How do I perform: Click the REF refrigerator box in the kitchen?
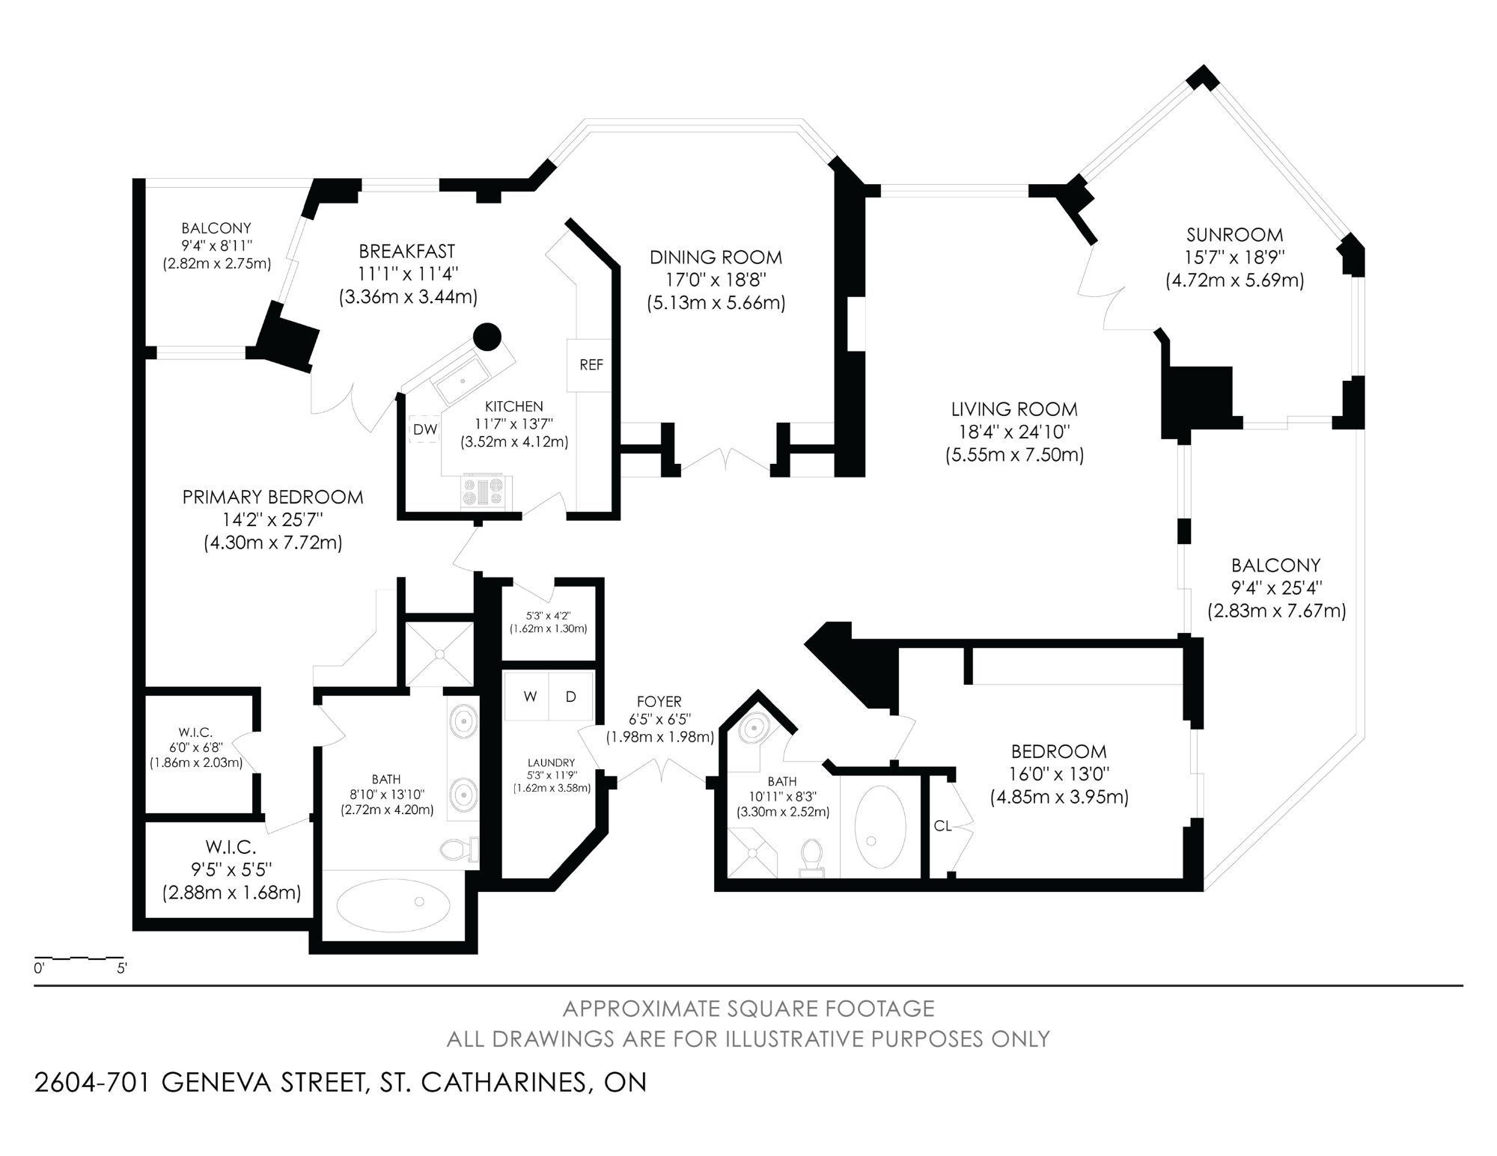pyautogui.click(x=591, y=365)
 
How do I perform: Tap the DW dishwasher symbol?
pyautogui.click(x=425, y=429)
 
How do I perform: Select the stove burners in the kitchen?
pyautogui.click(x=486, y=492)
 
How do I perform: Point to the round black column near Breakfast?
pyautogui.click(x=487, y=337)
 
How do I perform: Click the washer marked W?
pyautogui.click(x=531, y=697)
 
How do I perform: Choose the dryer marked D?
pyautogui.click(x=571, y=697)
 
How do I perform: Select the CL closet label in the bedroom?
pyautogui.click(x=943, y=826)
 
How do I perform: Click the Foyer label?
pyautogui.click(x=659, y=702)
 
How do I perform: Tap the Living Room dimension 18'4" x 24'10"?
pyautogui.click(x=1014, y=432)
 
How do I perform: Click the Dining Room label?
pyautogui.click(x=716, y=257)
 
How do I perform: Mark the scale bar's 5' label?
pyautogui.click(x=122, y=967)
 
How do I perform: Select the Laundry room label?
pyautogui.click(x=551, y=762)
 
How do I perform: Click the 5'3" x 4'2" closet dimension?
pyautogui.click(x=549, y=617)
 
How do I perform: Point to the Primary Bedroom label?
pyautogui.click(x=273, y=497)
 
